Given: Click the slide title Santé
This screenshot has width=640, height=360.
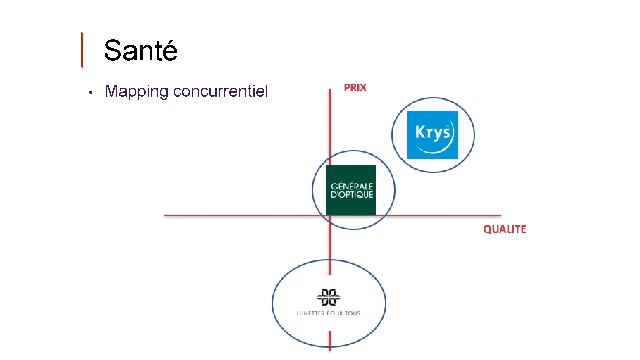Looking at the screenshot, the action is [140, 51].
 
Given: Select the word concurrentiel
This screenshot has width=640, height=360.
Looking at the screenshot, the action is [220, 91].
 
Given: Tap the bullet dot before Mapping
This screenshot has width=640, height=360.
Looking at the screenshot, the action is [90, 92].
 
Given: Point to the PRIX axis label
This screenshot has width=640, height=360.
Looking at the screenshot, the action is [355, 88].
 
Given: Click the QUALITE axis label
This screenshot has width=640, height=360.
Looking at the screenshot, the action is [504, 229].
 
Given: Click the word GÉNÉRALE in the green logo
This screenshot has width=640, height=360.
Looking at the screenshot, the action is [352, 186].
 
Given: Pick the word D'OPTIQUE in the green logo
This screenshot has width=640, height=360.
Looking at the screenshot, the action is [352, 195].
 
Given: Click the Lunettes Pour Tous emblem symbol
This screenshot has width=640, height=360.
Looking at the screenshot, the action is [328, 297].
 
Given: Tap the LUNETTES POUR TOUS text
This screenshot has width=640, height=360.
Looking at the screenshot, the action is [328, 313].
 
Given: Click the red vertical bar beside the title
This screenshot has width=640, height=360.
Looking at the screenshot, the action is [82, 50].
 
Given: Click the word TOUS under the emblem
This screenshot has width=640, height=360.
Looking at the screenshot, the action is [352, 313].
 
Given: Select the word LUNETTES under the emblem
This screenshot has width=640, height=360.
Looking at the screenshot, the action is [310, 313].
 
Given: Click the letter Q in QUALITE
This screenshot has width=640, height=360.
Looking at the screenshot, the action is [487, 229].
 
